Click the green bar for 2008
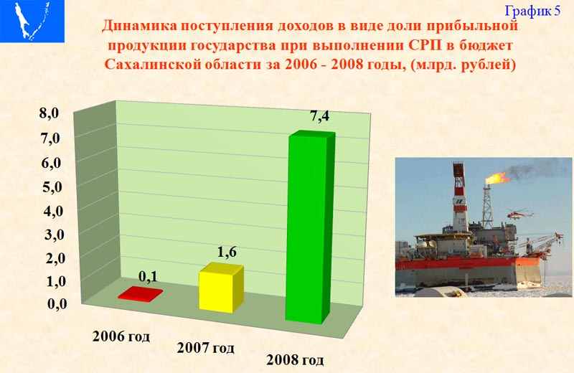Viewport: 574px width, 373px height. [x=311, y=227]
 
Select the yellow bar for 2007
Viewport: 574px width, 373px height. [x=221, y=288]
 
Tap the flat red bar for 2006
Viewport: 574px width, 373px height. [x=140, y=294]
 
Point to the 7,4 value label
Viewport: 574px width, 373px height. [x=319, y=116]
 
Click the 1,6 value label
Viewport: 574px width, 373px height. [x=227, y=252]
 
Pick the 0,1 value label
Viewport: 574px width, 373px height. [x=148, y=276]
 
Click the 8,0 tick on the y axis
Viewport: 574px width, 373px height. [x=50, y=113]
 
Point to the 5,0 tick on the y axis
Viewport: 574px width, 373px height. [x=52, y=187]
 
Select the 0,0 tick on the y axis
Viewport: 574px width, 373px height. [x=57, y=303]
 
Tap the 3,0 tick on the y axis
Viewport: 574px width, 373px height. [x=55, y=235]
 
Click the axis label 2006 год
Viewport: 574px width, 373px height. [x=121, y=336]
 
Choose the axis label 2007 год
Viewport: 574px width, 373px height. [x=206, y=347]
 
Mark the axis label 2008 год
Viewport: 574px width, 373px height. [x=295, y=360]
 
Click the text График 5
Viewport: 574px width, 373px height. [x=532, y=11]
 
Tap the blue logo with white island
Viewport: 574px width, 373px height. [x=32, y=21]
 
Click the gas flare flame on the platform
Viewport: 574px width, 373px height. [x=497, y=179]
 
